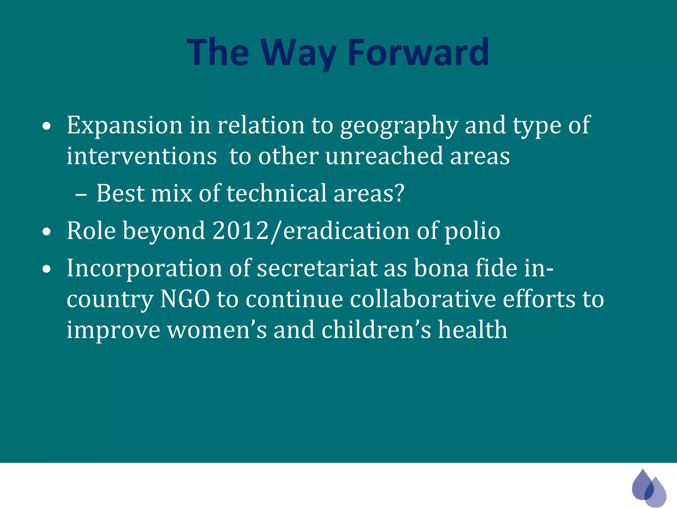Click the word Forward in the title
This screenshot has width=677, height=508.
418,52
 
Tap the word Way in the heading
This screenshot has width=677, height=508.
299,53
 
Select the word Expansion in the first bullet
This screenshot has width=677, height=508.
125,125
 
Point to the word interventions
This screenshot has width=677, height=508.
142,156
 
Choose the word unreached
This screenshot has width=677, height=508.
384,156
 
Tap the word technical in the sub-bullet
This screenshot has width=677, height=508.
276,193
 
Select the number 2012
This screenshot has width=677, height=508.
241,231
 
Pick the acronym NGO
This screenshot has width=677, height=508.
185,299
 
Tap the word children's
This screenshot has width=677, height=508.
376,330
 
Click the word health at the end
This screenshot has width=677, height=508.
473,330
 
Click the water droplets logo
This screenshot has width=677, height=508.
648,487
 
